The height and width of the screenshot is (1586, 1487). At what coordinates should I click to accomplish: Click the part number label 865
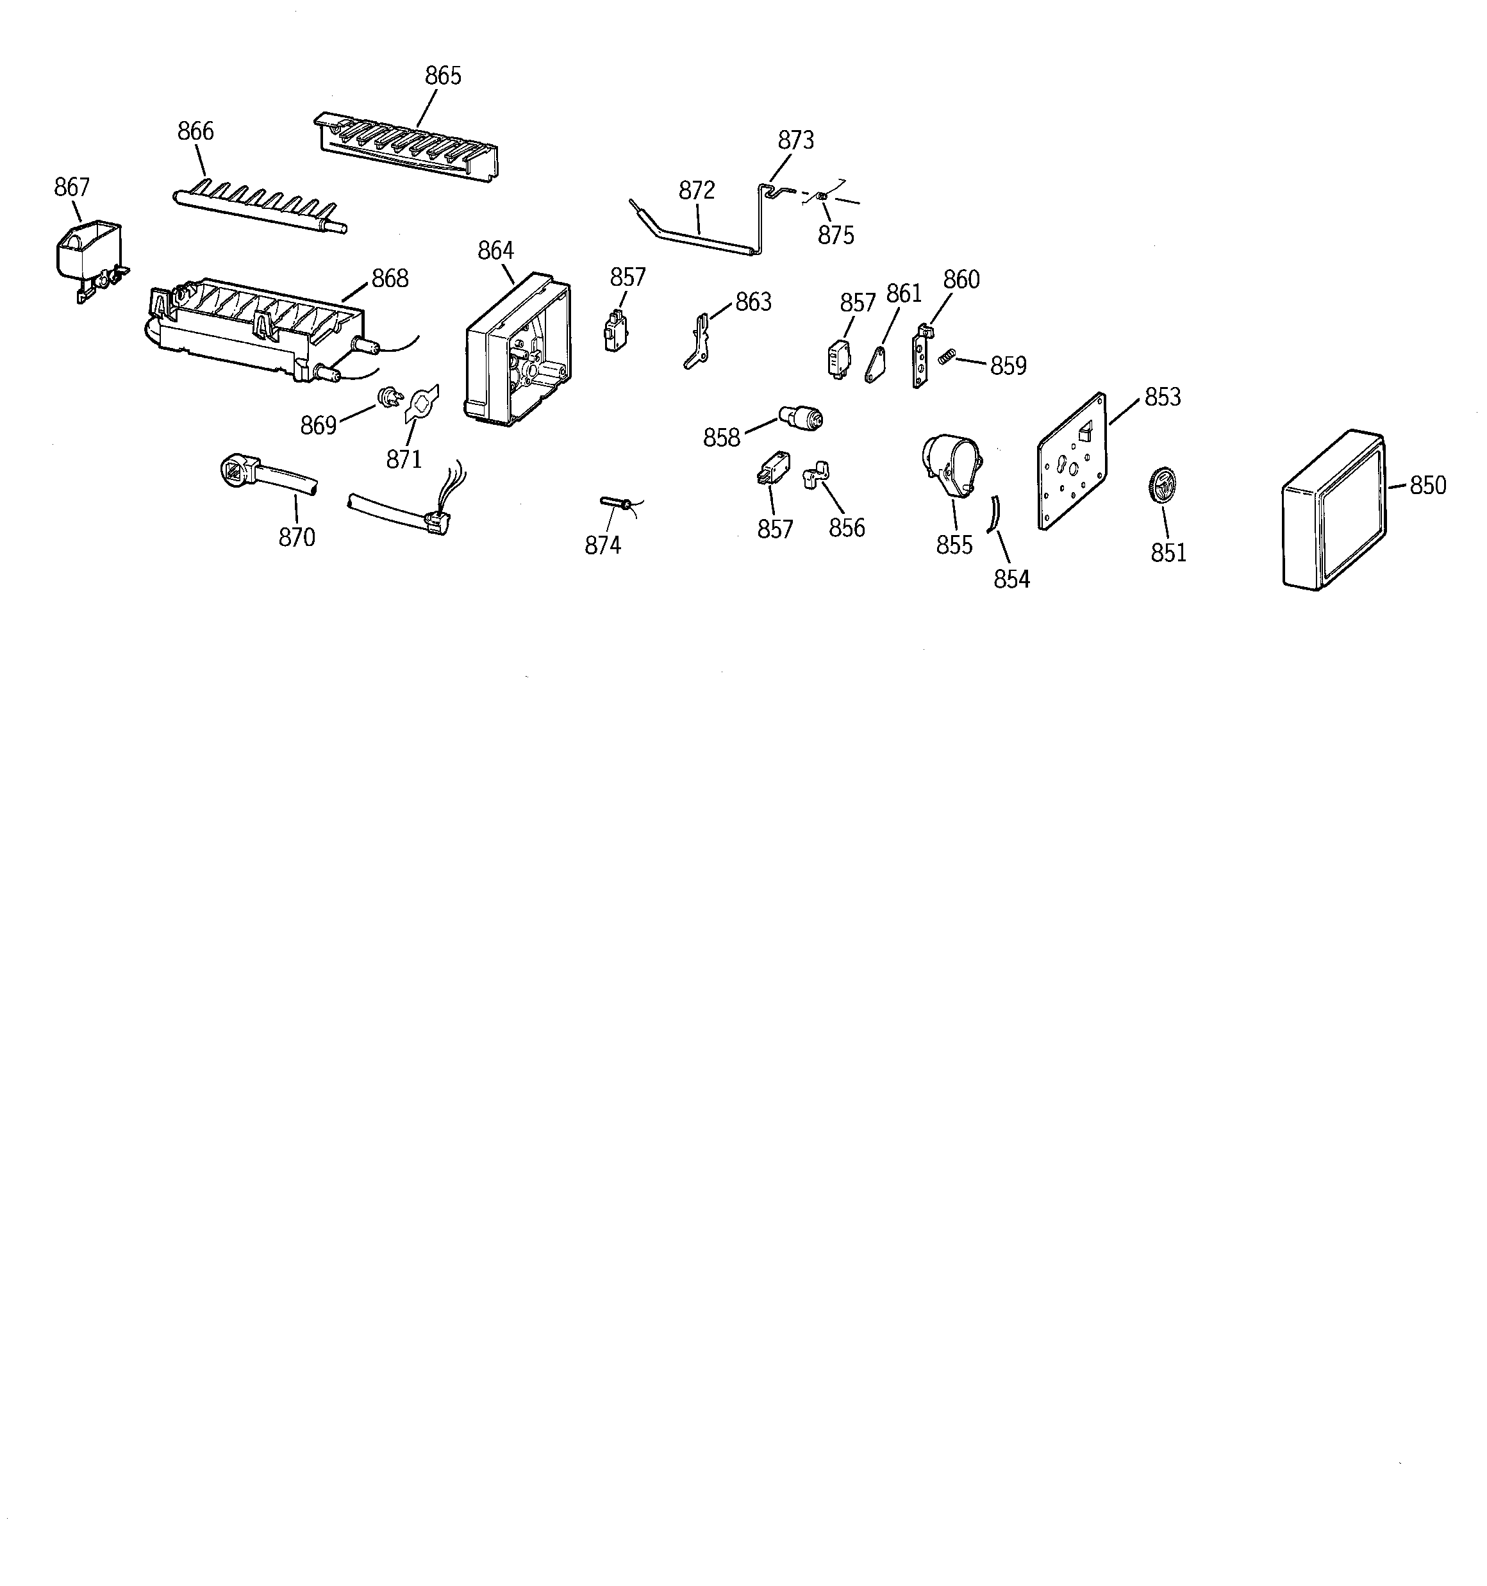click(443, 76)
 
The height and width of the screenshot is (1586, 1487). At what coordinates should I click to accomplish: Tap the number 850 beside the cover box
click(1427, 485)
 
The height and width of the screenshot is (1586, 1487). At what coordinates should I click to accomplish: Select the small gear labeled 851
click(1162, 486)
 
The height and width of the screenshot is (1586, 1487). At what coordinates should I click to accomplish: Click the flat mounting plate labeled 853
click(1073, 463)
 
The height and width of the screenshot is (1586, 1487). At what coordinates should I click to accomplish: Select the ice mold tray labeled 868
click(255, 327)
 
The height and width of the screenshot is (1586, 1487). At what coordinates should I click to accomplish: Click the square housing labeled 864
click(517, 351)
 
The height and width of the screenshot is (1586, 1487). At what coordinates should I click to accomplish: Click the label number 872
click(697, 191)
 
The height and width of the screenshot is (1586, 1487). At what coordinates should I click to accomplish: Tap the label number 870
click(297, 538)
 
